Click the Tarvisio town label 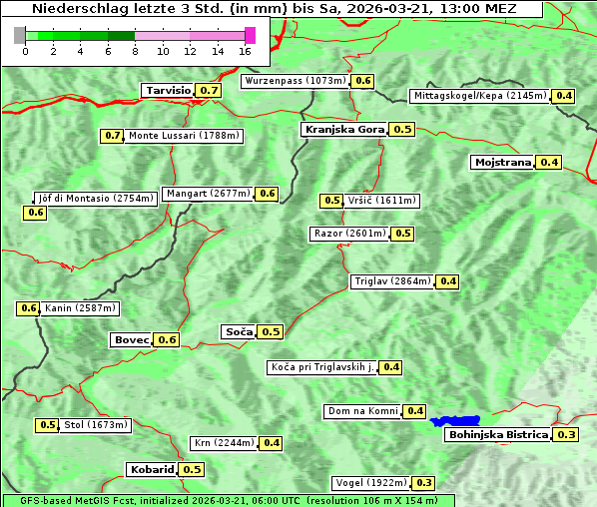[x=167, y=90]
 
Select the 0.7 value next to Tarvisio [x=209, y=90]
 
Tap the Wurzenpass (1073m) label [x=296, y=81]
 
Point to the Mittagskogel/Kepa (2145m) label [x=480, y=96]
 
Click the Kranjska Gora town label [x=343, y=129]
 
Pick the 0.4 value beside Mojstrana [x=549, y=162]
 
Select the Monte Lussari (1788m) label [x=185, y=136]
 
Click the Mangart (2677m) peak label [x=208, y=194]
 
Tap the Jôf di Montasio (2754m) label [x=95, y=198]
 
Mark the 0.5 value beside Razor [x=402, y=234]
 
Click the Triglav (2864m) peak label [x=392, y=281]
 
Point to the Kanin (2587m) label [x=80, y=308]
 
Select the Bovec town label [x=131, y=339]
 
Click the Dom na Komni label [x=362, y=411]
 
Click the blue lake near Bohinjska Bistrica [x=455, y=421]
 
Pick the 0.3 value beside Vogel [x=424, y=483]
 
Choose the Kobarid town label [x=151, y=469]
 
